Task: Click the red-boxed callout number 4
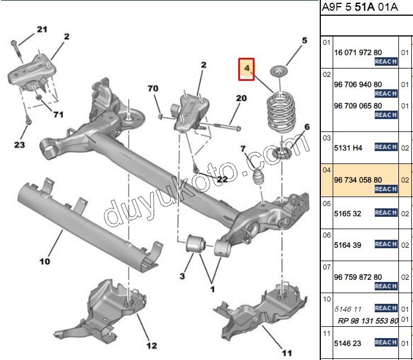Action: [246, 69]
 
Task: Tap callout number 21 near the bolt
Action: [43, 29]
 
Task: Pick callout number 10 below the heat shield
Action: [44, 261]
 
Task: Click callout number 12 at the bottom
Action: [152, 345]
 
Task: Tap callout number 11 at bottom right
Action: [287, 353]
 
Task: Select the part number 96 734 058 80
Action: [358, 180]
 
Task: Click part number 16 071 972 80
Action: [358, 52]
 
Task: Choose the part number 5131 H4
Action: [349, 148]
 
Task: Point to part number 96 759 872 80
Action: [358, 277]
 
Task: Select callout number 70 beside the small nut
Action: [153, 89]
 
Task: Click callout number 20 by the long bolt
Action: [240, 98]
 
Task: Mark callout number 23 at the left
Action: [19, 145]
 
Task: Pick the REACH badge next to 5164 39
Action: [386, 244]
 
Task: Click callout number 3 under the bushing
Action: [182, 276]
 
